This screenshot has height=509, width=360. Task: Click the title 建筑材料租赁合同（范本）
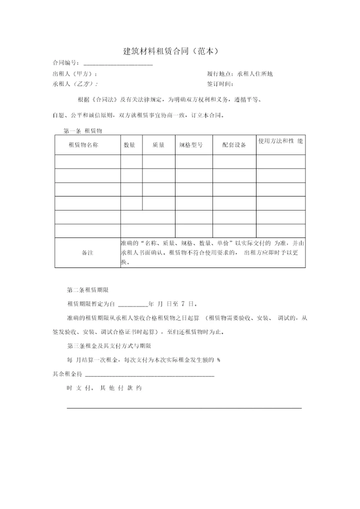click(x=171, y=51)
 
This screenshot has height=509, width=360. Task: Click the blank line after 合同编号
click(x=118, y=63)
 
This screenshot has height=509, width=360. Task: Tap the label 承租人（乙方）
click(x=75, y=84)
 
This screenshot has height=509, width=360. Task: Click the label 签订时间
click(x=220, y=84)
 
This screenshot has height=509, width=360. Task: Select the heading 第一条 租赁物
click(x=83, y=130)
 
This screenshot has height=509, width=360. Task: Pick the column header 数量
click(x=129, y=145)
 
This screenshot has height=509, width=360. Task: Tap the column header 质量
click(x=158, y=145)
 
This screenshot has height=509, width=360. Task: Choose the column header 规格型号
click(x=190, y=145)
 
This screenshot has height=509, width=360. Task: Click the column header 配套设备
click(x=234, y=145)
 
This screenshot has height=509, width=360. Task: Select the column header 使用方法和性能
click(x=280, y=141)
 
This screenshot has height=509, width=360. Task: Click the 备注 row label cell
click(x=87, y=252)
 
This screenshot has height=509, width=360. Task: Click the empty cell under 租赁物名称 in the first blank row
click(x=87, y=162)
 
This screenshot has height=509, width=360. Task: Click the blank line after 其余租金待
click(x=149, y=374)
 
